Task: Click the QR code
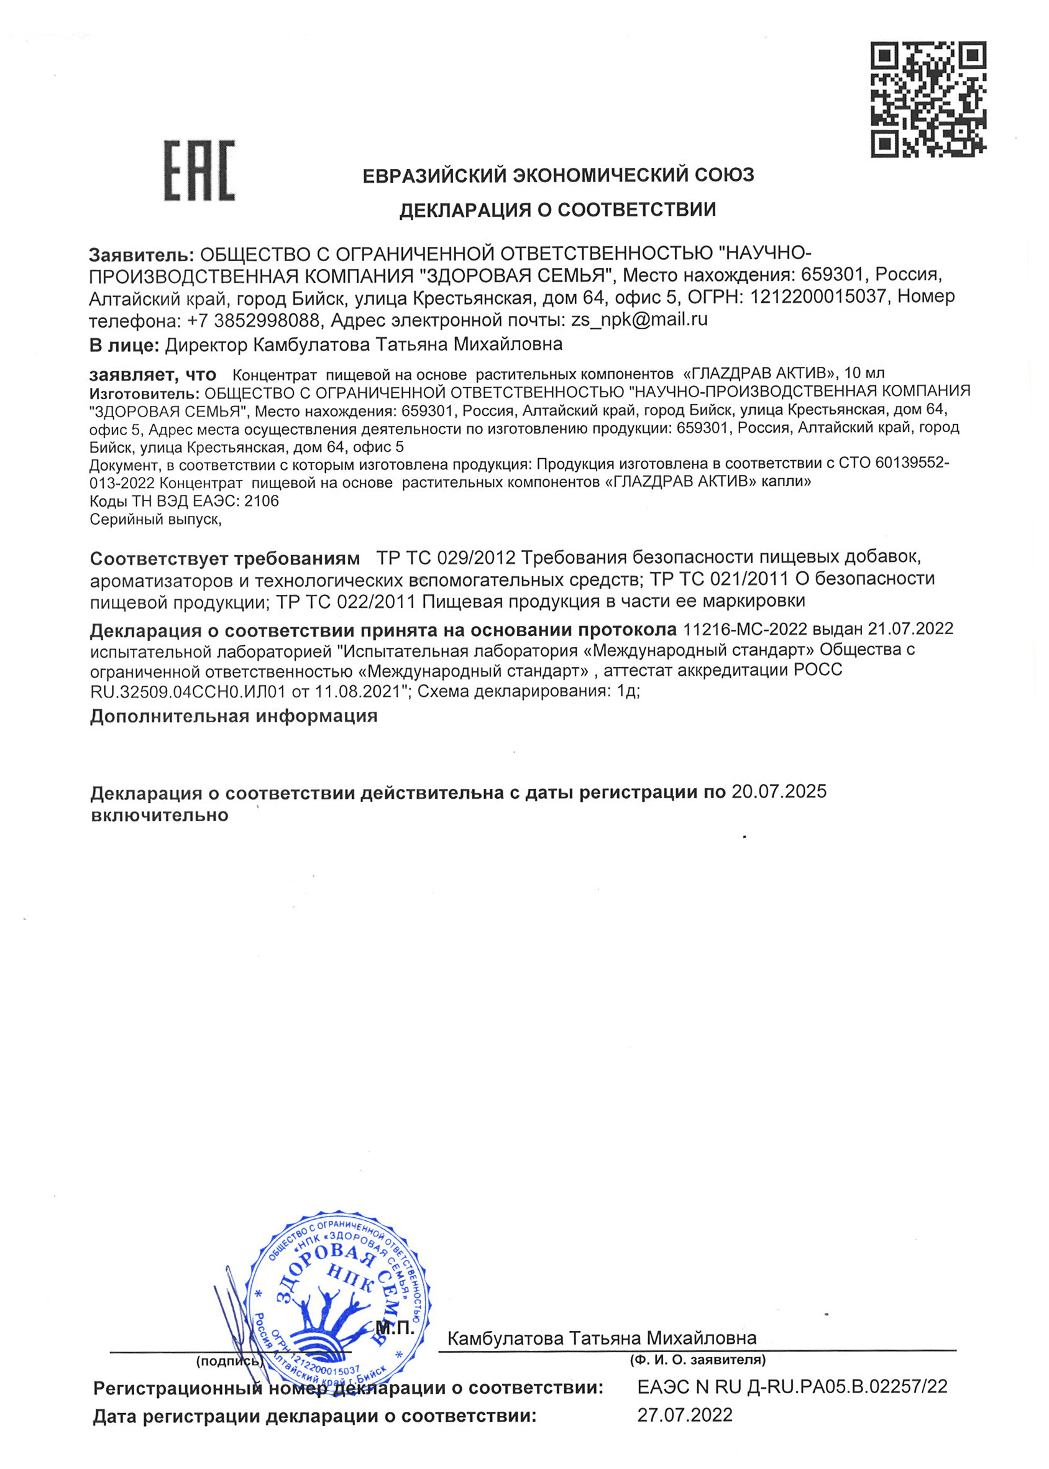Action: click(x=928, y=99)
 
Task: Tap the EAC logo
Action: click(x=199, y=170)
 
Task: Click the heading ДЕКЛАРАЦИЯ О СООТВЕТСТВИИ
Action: click(x=557, y=210)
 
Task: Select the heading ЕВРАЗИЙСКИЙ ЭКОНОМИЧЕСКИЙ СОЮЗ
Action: click(x=558, y=175)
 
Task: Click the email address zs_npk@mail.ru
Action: click(x=639, y=319)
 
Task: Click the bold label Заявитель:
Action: click(x=141, y=254)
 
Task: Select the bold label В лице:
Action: click(x=124, y=345)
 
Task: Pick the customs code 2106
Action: click(x=262, y=500)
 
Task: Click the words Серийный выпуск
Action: click(x=155, y=518)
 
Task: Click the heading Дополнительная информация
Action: click(x=234, y=716)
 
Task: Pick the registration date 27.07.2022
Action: click(x=685, y=1415)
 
